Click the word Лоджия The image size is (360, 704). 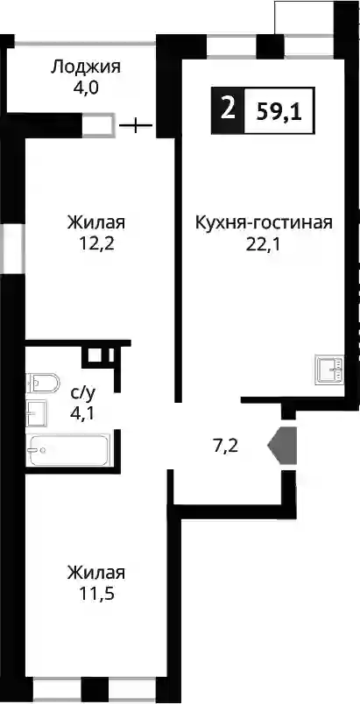click(x=86, y=68)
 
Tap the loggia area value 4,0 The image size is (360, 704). click(x=86, y=87)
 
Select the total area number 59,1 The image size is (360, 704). click(x=279, y=110)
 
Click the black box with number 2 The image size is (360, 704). click(x=228, y=110)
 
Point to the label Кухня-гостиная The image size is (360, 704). click(x=264, y=222)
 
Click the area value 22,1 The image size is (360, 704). click(x=264, y=243)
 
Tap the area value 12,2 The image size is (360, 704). click(x=96, y=243)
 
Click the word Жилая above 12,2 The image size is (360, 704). click(x=96, y=222)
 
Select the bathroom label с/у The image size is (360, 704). click(x=83, y=393)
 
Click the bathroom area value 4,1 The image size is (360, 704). click(x=83, y=412)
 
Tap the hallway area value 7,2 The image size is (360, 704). click(x=225, y=446)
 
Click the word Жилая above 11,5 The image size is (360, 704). click(x=96, y=574)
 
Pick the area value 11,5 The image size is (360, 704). click(x=96, y=595)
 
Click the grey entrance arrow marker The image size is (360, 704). click(x=283, y=445)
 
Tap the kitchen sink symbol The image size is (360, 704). click(x=330, y=369)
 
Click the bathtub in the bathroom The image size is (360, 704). click(x=67, y=449)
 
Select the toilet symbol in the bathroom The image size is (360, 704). click(x=42, y=383)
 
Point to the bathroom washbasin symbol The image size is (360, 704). click(x=36, y=412)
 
